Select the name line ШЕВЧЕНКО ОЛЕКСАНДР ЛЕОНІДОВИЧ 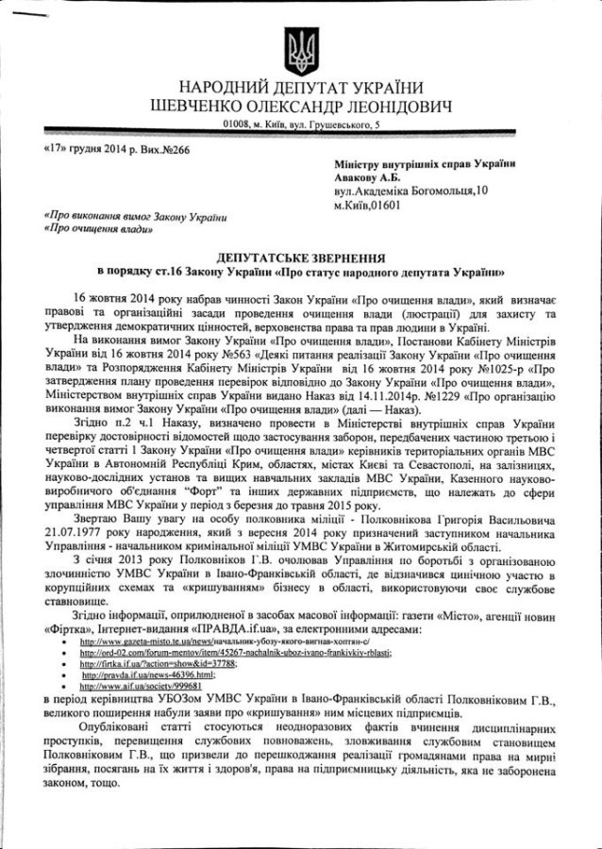(x=300, y=106)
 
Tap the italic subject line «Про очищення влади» (x=93, y=229)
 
